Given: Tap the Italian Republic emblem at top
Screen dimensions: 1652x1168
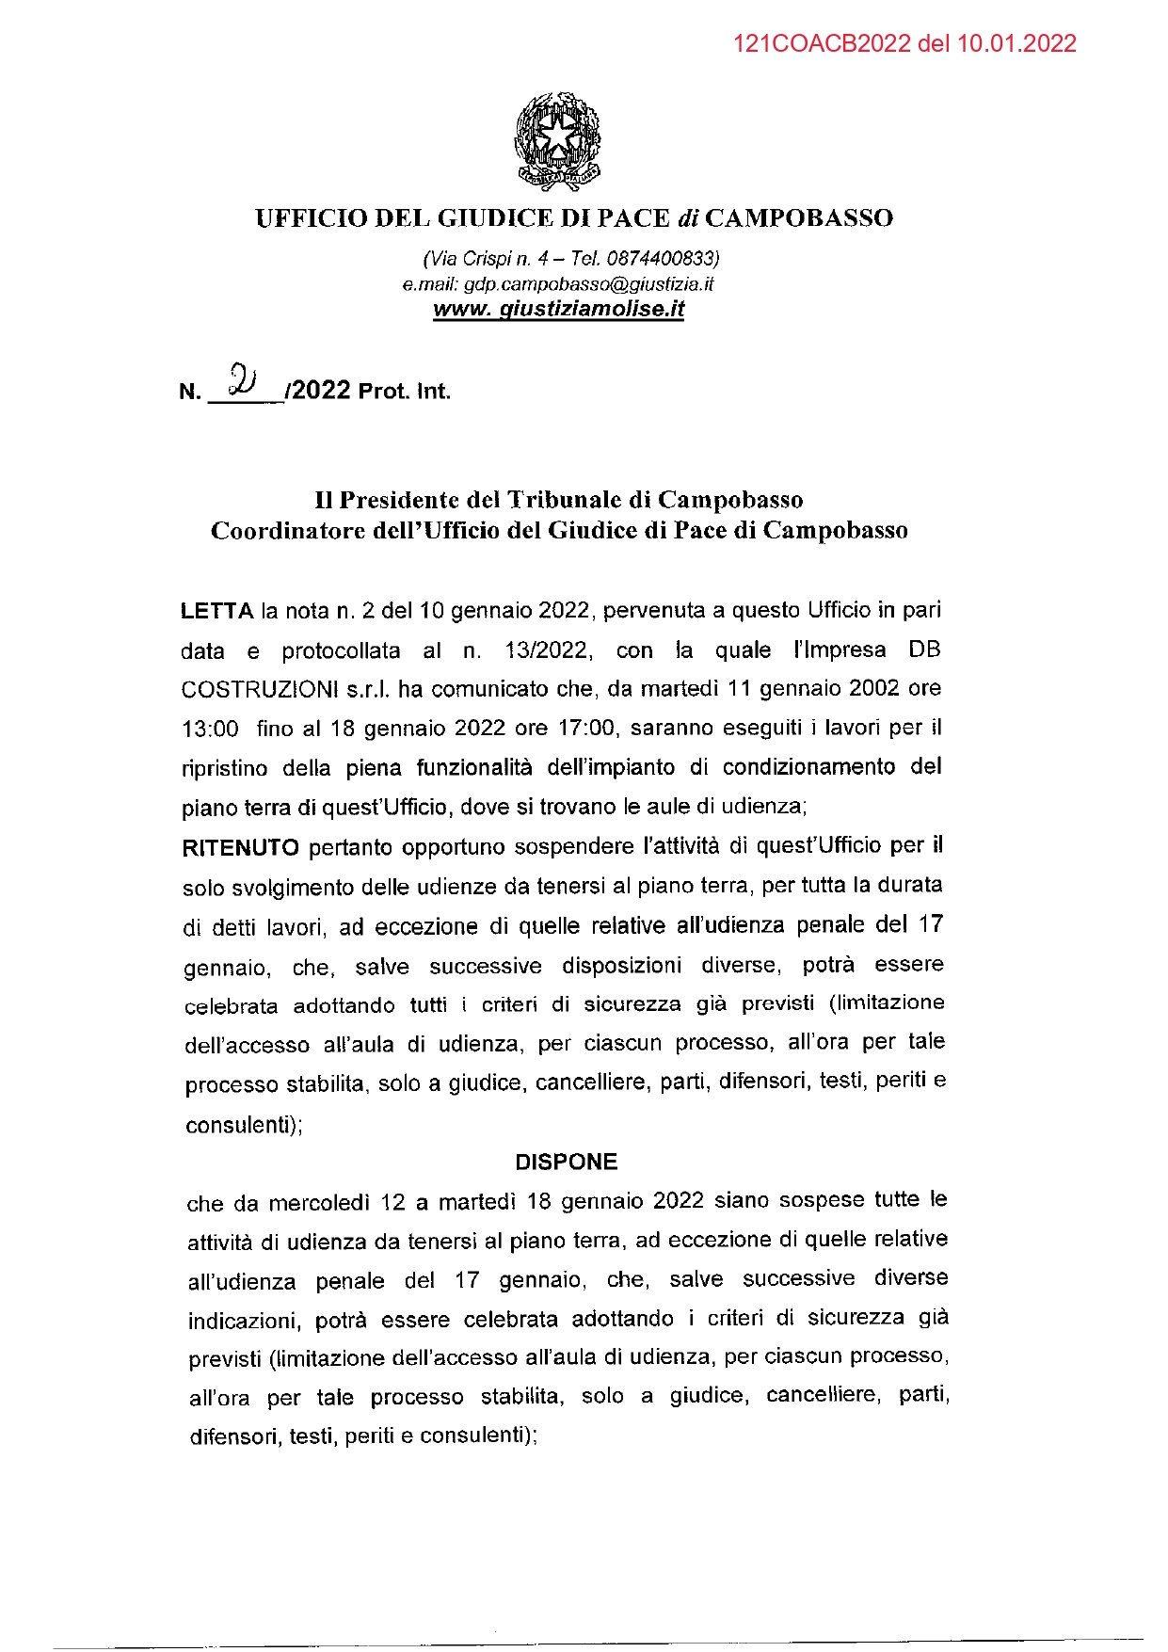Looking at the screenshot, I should pos(557,141).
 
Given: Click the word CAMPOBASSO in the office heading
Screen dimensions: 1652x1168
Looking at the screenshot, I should pos(799,218).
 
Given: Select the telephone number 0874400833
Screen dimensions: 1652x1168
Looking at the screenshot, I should pos(662,258).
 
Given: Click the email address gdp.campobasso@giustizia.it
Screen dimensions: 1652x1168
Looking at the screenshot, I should pos(588,283).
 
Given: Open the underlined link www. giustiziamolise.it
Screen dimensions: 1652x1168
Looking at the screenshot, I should pos(558,309).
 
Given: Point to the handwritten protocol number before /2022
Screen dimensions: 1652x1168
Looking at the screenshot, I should pos(243,381).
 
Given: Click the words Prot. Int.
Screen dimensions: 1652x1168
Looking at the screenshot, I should pos(404,391).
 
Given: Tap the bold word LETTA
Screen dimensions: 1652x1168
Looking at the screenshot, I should pos(216,611).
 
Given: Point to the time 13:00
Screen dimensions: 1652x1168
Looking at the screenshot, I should pos(210,730).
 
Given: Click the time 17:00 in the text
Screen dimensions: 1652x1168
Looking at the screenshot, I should pos(589,728).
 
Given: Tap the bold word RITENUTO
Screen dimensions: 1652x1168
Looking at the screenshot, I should pos(240,848).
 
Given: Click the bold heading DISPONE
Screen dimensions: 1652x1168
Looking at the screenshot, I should pos(566,1162).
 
